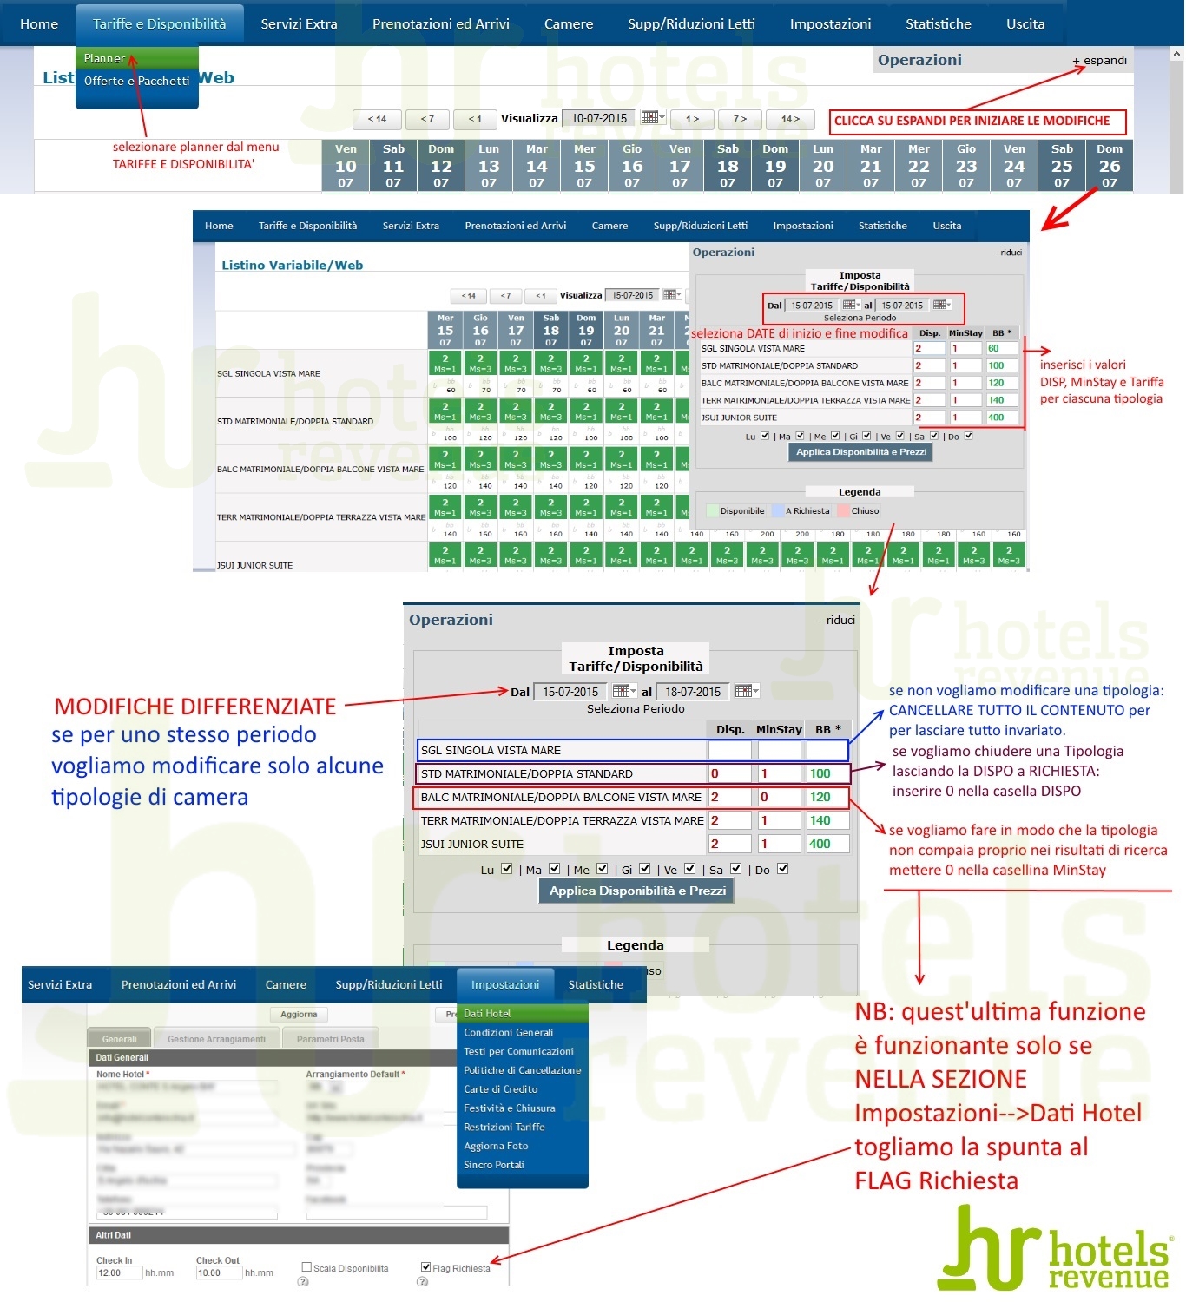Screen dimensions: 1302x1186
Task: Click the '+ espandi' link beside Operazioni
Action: pos(1100,61)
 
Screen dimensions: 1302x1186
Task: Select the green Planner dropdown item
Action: pos(105,58)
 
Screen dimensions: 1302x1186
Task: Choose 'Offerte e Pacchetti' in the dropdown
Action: pos(136,81)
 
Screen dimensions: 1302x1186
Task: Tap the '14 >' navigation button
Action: pos(790,119)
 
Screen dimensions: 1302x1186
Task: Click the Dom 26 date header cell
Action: pos(1109,165)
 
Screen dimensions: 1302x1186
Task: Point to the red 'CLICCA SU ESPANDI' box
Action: pos(977,122)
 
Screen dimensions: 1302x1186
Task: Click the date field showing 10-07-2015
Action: pos(599,118)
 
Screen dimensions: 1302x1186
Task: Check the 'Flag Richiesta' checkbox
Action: pos(425,1267)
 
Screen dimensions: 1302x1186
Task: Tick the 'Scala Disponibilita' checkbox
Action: pos(306,1267)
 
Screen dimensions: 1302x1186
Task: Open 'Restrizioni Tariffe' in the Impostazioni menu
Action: pos(504,1127)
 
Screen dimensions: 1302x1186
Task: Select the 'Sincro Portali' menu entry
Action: pos(494,1165)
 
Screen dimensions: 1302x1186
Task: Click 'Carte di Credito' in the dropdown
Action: pos(501,1089)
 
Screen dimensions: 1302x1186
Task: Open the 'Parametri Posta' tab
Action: pos(330,1039)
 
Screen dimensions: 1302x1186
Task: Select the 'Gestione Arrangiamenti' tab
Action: pos(216,1039)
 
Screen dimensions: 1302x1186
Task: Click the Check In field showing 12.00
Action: pos(119,1273)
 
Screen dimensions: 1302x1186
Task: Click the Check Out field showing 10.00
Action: pos(219,1273)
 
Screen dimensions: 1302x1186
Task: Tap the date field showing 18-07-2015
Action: pos(693,692)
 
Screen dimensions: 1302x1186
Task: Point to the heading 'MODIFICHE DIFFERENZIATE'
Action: pos(195,707)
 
